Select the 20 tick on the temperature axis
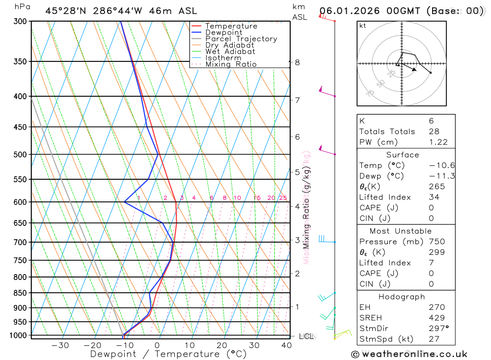(x=221, y=345)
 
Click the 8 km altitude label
(x=297, y=62)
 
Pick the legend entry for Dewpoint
(x=223, y=32)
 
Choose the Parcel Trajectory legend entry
(x=241, y=39)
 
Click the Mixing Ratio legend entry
(x=231, y=64)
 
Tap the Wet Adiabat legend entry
(x=230, y=52)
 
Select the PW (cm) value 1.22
(x=438, y=142)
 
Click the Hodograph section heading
(x=402, y=297)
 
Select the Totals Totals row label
(x=387, y=131)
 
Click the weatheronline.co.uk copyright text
(x=409, y=354)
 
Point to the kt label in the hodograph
(x=363, y=26)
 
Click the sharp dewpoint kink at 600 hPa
(x=125, y=201)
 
